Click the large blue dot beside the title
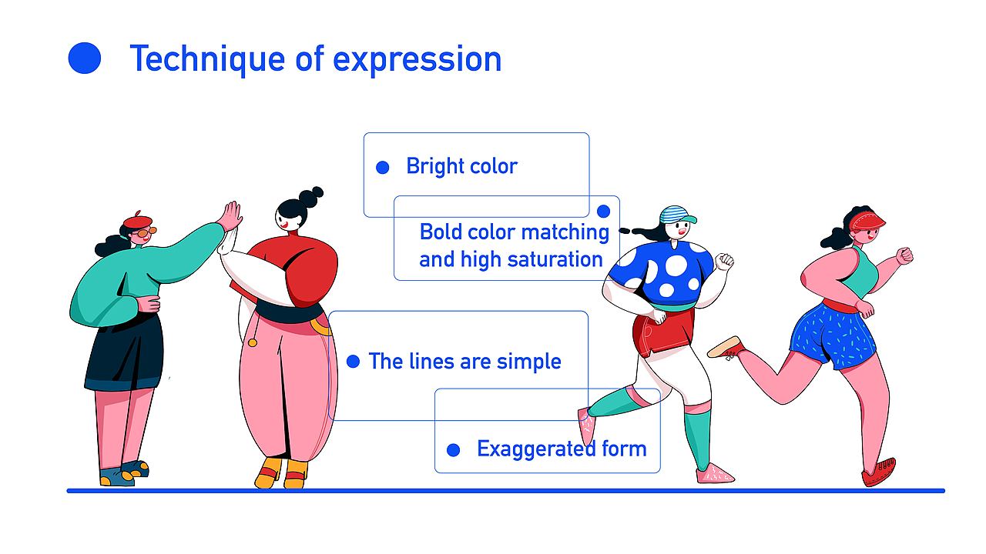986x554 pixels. point(85,58)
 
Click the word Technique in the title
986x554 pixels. point(207,60)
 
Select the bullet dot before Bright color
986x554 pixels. point(383,168)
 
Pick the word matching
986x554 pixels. point(565,232)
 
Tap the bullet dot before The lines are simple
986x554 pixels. point(353,362)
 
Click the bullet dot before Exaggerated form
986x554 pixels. point(454,450)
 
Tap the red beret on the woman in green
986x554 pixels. point(138,220)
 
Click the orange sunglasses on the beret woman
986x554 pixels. point(146,232)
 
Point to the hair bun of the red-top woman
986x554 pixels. point(310,196)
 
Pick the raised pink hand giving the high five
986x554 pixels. point(232,216)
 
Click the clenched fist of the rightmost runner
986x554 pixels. point(904,256)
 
